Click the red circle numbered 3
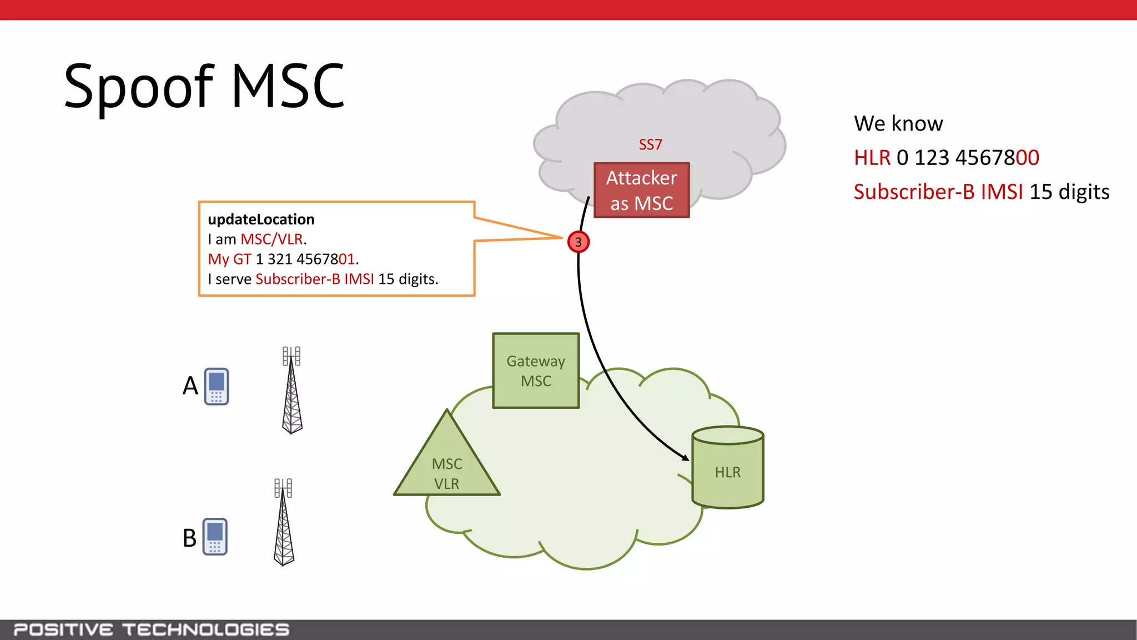coord(578,242)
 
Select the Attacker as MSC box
coord(641,190)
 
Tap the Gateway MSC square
coord(536,371)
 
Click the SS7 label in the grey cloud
coord(650,144)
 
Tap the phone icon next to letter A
coord(216,386)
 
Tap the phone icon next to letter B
coord(215,537)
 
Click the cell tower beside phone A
coord(291,392)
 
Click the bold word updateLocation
coord(261,219)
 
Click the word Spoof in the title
coord(139,86)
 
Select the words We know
coord(898,123)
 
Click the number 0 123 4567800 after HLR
coord(968,158)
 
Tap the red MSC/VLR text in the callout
coord(272,239)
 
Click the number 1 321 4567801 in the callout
coord(305,259)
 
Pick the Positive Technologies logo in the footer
coord(151,629)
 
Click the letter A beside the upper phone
coord(190,386)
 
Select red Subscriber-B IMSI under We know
coord(938,192)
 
